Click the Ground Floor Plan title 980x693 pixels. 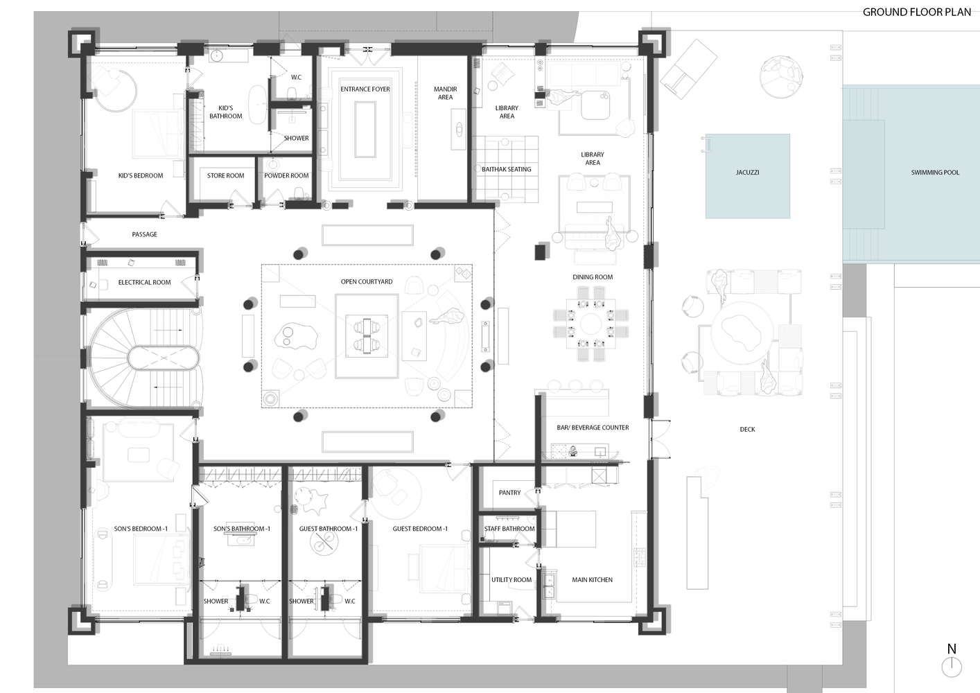[x=916, y=12]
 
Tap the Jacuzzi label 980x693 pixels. [x=747, y=172]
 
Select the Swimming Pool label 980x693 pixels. [x=935, y=172]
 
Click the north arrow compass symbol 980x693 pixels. [x=952, y=666]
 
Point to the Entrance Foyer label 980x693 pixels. [x=365, y=89]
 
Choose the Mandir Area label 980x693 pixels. [x=445, y=93]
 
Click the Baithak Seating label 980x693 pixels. [x=506, y=169]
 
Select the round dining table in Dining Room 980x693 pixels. [x=592, y=324]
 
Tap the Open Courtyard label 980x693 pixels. [x=367, y=281]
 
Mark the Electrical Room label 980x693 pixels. [x=144, y=282]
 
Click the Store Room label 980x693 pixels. [x=225, y=175]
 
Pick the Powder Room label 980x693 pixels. [x=286, y=175]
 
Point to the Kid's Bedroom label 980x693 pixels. [x=141, y=175]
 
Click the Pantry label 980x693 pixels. [x=509, y=493]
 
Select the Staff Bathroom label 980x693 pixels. [x=509, y=529]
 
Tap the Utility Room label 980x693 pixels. [x=511, y=579]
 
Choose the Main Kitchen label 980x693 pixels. [x=592, y=579]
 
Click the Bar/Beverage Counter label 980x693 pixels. [x=593, y=428]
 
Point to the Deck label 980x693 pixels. [x=747, y=430]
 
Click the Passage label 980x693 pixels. [x=144, y=234]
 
